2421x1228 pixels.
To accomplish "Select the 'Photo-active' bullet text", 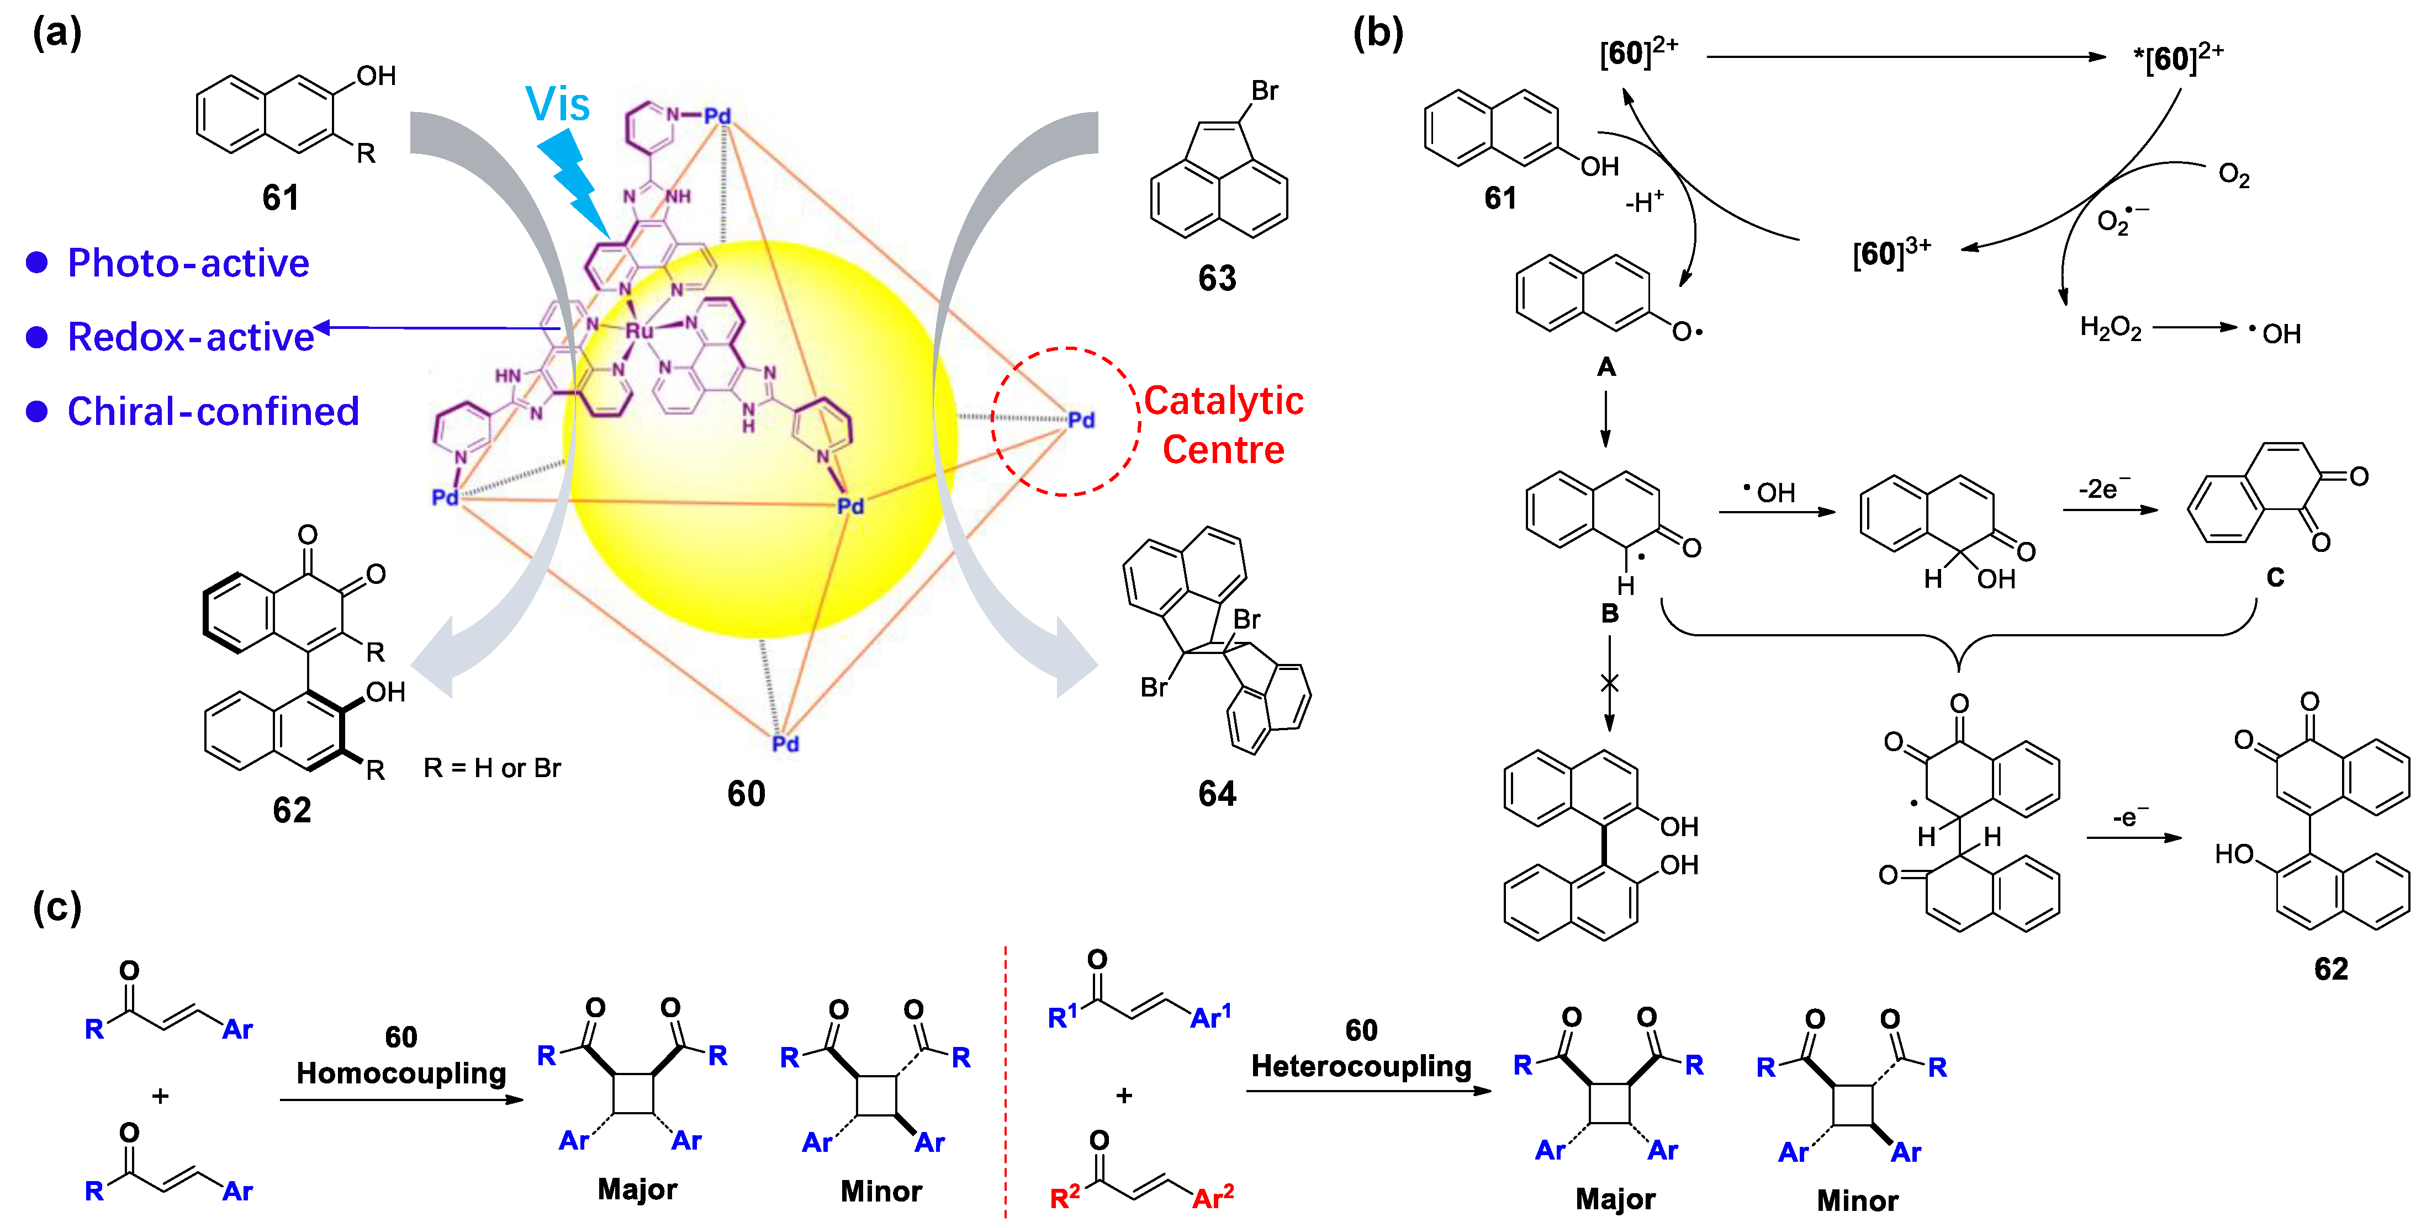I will pyautogui.click(x=188, y=263).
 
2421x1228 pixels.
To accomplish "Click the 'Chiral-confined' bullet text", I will pyautogui.click(x=213, y=412).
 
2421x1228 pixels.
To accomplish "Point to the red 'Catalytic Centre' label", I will pyautogui.click(x=1223, y=424).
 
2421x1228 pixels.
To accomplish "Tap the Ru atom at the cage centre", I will pyautogui.click(x=639, y=331).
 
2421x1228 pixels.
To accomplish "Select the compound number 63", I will pyautogui.click(x=1217, y=278).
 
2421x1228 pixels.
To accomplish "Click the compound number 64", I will pyautogui.click(x=1217, y=794).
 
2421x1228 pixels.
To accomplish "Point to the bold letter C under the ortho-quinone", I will pyautogui.click(x=2275, y=577).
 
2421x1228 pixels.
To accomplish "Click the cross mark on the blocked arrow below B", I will pyautogui.click(x=1609, y=683).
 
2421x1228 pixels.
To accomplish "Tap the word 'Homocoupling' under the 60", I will pyautogui.click(x=401, y=1073).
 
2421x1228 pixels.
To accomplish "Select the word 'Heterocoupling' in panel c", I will pyautogui.click(x=1361, y=1066).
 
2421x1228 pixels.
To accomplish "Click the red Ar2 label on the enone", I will pyautogui.click(x=1212, y=1197).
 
